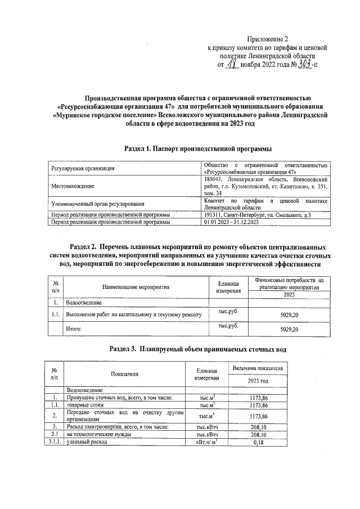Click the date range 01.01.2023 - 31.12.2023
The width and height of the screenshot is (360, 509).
231,222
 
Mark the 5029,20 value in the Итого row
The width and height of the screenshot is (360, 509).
289,329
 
